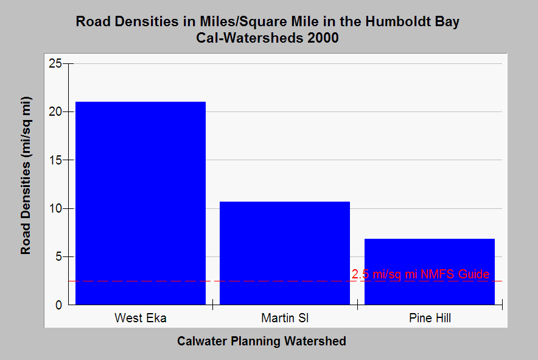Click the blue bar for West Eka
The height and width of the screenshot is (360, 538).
pyautogui.click(x=141, y=203)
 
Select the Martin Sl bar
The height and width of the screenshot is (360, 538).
pyautogui.click(x=285, y=253)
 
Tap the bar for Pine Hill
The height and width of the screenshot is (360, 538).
pyautogui.click(x=430, y=272)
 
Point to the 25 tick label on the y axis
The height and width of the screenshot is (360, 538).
pyautogui.click(x=55, y=63)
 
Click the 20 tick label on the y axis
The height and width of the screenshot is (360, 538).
pyautogui.click(x=55, y=111)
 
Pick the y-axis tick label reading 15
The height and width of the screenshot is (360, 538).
pyautogui.click(x=55, y=160)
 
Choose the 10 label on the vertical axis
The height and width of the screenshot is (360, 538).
pyautogui.click(x=55, y=208)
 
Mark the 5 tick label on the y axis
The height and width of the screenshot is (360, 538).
pyautogui.click(x=58, y=256)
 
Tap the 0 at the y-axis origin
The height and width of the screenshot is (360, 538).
pyautogui.click(x=58, y=305)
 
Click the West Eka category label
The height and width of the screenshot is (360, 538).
pyautogui.click(x=141, y=318)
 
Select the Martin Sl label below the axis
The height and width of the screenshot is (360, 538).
pyautogui.click(x=285, y=318)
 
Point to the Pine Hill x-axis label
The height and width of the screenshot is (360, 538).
pyautogui.click(x=430, y=318)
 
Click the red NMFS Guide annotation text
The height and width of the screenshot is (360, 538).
pyautogui.click(x=421, y=274)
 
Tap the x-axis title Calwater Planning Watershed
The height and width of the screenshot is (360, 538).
pyautogui.click(x=262, y=341)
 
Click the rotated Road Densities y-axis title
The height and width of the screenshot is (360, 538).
pyautogui.click(x=26, y=175)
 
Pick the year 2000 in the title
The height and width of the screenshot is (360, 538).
pyautogui.click(x=323, y=38)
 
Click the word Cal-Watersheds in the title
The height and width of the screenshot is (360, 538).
pyautogui.click(x=250, y=38)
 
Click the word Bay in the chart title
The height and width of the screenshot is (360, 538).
pyautogui.click(x=447, y=22)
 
